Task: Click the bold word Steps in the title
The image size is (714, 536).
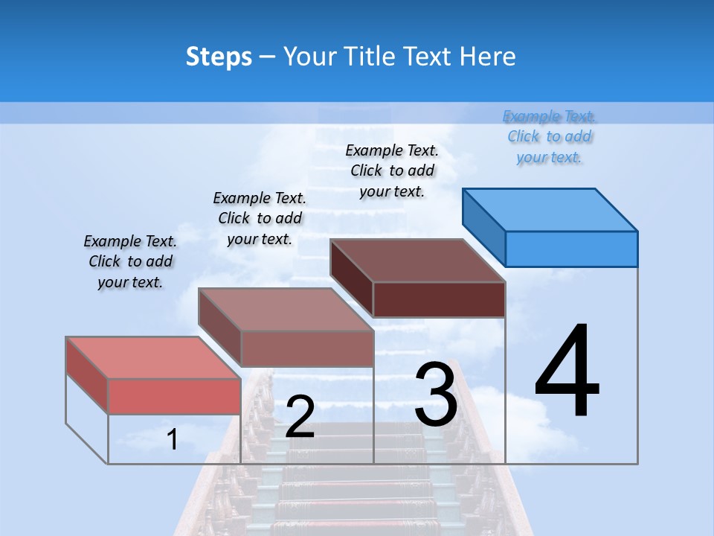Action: (219, 57)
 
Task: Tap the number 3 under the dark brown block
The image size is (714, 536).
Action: (436, 395)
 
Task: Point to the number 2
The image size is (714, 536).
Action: (300, 417)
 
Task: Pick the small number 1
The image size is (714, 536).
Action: (172, 439)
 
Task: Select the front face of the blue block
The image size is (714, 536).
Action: (571, 249)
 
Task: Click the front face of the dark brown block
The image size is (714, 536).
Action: (439, 299)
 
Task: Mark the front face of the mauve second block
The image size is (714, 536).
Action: (307, 348)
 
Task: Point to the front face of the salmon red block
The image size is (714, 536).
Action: (174, 396)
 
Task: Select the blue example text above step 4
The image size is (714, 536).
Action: (549, 137)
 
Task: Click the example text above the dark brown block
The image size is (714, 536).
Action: (392, 170)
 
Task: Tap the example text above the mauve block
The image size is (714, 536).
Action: (260, 218)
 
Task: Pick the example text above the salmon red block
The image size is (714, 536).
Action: (130, 261)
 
